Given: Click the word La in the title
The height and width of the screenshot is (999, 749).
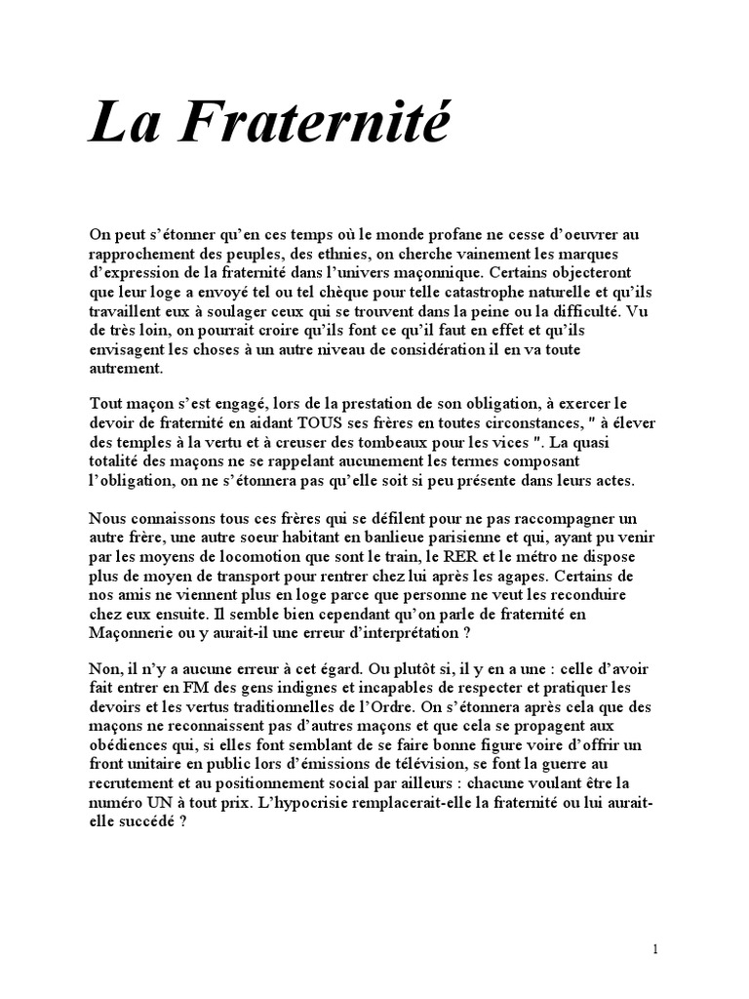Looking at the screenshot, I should tap(119, 126).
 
